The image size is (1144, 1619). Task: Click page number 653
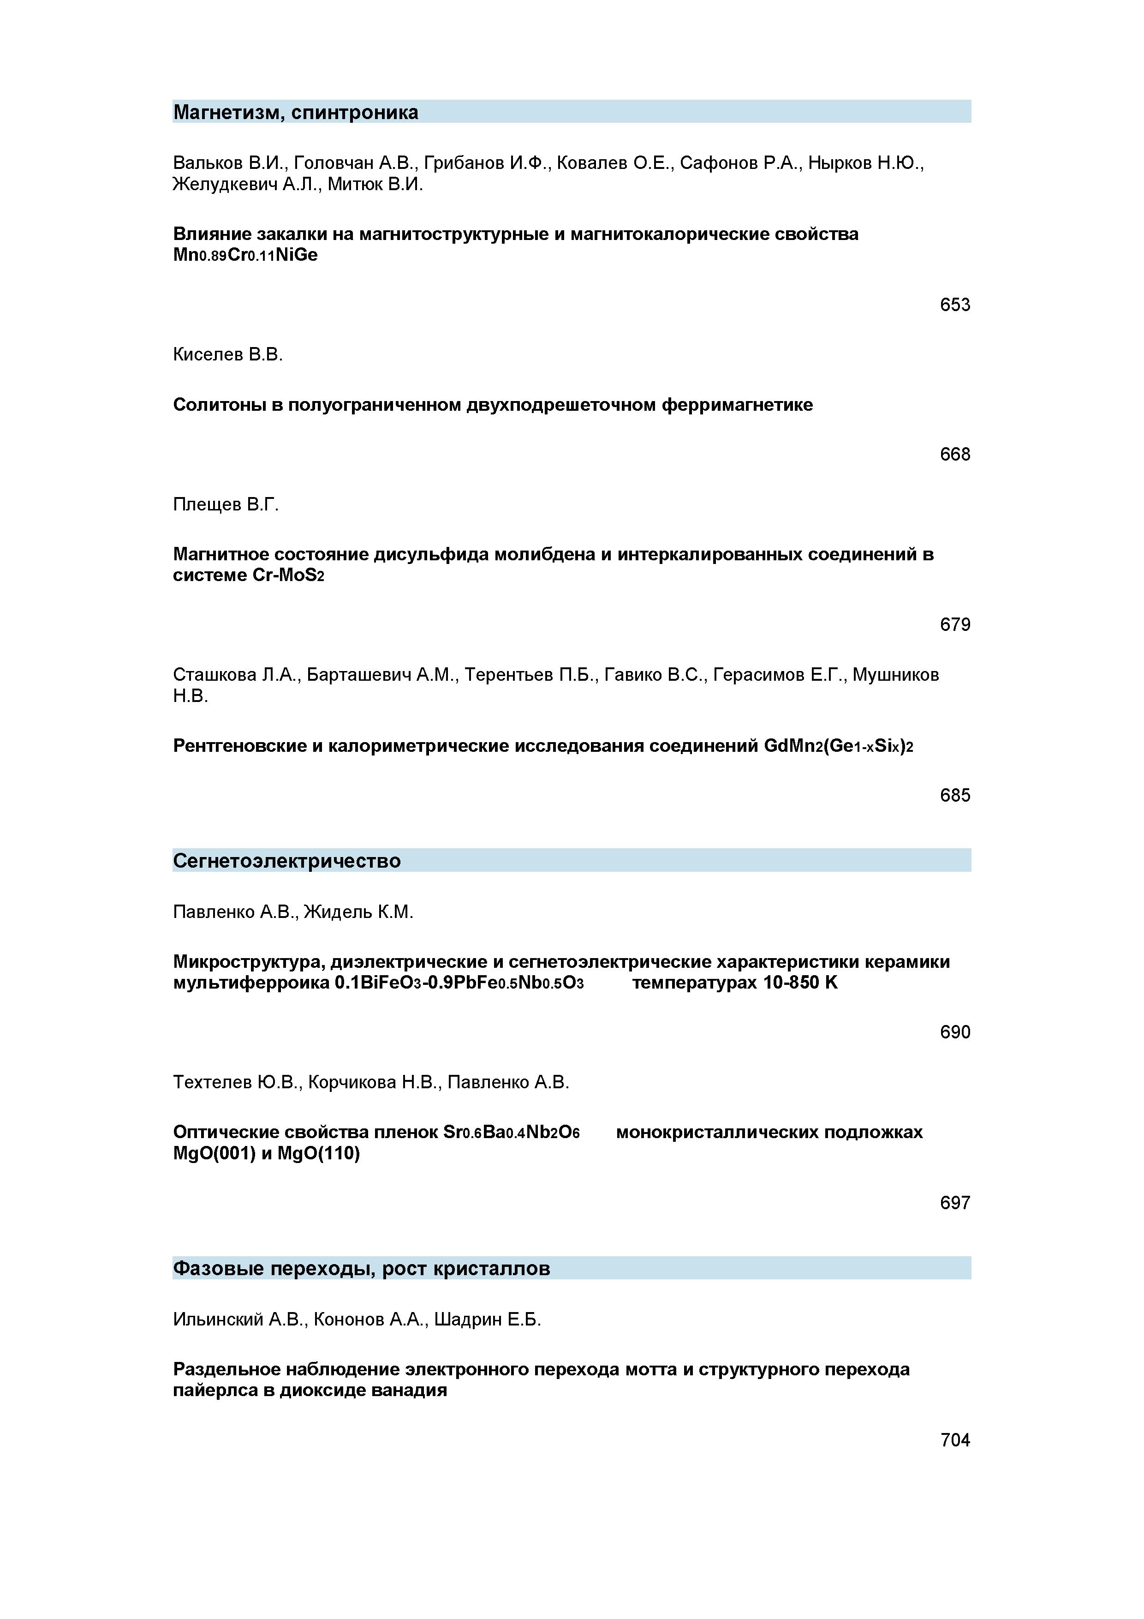point(954,305)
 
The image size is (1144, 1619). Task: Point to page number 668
point(954,454)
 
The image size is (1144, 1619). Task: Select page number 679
point(954,625)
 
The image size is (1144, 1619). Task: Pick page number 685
point(954,795)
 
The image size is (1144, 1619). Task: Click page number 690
point(954,1032)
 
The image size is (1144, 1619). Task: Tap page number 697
point(954,1203)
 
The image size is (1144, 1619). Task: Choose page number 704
point(954,1440)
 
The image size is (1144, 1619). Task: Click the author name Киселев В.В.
point(228,355)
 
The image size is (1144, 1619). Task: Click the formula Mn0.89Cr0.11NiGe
point(245,255)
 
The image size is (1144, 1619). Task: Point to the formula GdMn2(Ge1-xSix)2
point(838,746)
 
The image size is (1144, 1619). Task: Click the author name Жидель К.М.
point(359,912)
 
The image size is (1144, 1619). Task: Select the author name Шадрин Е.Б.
point(487,1319)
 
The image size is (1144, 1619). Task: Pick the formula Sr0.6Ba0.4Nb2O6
point(511,1133)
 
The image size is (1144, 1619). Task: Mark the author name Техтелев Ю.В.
point(236,1082)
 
